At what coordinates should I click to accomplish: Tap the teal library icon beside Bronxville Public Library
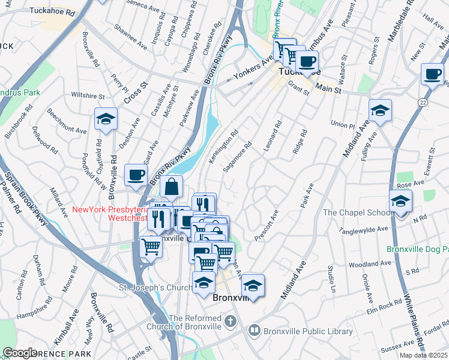pyautogui.click(x=255, y=331)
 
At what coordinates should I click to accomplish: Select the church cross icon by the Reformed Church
pyautogui.click(x=229, y=322)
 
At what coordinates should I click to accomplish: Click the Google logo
pyautogui.click(x=20, y=353)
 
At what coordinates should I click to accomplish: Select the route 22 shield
pyautogui.click(x=423, y=104)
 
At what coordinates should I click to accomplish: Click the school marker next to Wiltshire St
pyautogui.click(x=106, y=120)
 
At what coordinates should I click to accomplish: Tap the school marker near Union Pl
pyautogui.click(x=380, y=111)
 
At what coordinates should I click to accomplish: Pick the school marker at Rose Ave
pyautogui.click(x=400, y=202)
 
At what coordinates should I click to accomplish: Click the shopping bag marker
pyautogui.click(x=171, y=187)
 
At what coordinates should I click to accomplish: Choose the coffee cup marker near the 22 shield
pyautogui.click(x=432, y=75)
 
